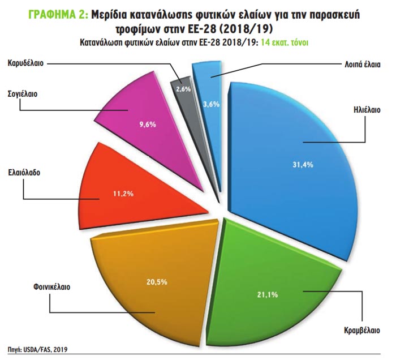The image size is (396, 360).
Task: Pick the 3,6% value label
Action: pyautogui.click(x=211, y=104)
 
